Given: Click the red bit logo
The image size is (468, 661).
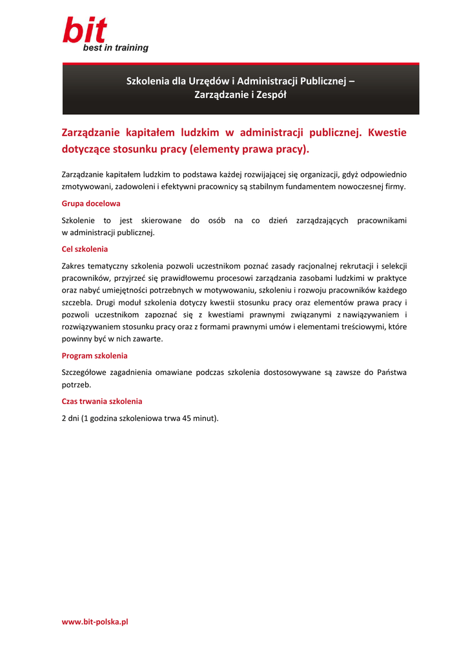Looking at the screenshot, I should (85, 30).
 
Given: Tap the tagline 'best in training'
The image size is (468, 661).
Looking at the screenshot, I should (116, 48).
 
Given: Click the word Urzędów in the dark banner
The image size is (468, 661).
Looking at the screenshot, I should (209, 81).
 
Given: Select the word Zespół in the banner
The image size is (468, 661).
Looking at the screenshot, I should (271, 95).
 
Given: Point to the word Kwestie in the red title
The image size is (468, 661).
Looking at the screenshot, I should (387, 133).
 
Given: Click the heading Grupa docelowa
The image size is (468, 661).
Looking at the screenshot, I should (91, 203).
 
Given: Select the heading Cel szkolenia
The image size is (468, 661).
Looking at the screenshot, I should (85, 249).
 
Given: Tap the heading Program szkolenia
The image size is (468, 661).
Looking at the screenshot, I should (94, 356).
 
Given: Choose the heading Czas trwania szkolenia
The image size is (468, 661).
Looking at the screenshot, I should (102, 401).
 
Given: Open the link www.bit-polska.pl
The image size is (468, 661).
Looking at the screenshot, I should (95, 622).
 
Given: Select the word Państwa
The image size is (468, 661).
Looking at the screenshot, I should (391, 372).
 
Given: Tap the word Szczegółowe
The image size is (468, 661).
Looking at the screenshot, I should (86, 372).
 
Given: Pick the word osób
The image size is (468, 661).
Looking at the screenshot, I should (217, 220).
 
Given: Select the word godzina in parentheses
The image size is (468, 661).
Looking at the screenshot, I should (105, 418).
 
